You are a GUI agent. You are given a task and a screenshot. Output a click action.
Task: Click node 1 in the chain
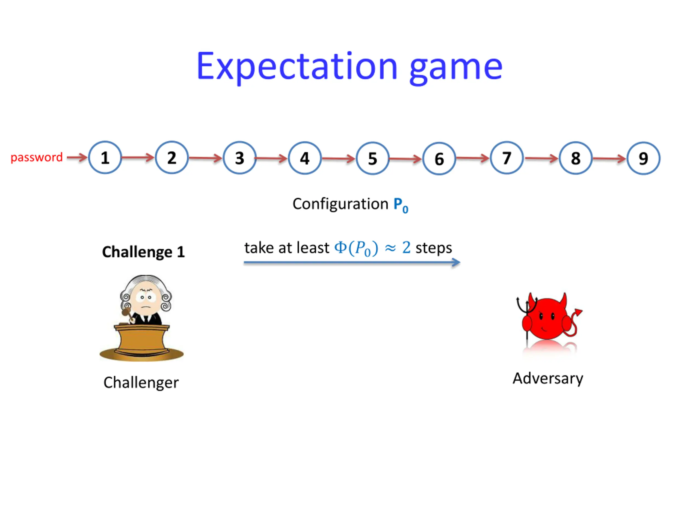(105, 157)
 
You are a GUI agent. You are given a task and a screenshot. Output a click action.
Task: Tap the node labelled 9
(643, 158)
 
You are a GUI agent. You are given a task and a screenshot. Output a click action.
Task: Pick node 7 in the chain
(507, 158)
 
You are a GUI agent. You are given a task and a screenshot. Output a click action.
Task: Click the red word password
(37, 157)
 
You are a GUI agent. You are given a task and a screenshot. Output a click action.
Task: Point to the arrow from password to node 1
(77, 157)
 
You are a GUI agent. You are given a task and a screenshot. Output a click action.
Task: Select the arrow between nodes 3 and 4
(271, 158)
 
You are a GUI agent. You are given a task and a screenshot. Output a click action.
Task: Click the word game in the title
(455, 68)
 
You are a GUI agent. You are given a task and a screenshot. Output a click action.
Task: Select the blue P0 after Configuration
(400, 205)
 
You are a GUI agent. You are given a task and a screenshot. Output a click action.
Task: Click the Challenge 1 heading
(143, 252)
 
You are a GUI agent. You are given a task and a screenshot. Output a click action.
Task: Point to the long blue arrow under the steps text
(352, 263)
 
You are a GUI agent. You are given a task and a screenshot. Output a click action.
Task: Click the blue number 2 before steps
(406, 248)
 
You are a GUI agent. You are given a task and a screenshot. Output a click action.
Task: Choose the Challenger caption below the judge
(141, 383)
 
